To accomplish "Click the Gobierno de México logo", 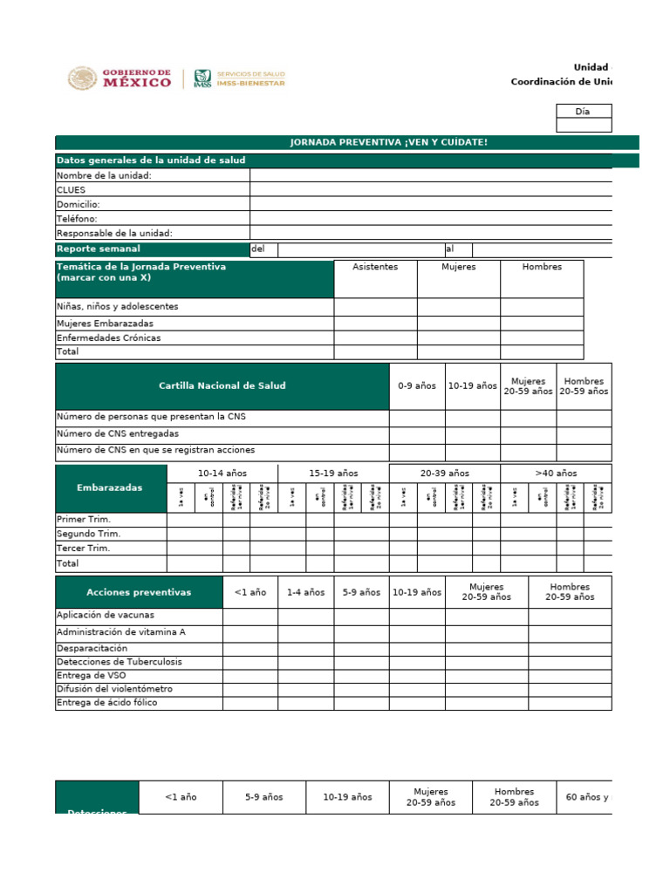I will point(120,78).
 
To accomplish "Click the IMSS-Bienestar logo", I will point(238,78).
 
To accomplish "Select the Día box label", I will point(583,112).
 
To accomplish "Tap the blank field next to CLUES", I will point(431,189).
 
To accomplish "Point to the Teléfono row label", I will point(77,219).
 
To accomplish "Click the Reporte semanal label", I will point(98,249).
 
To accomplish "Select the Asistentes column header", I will point(375,267).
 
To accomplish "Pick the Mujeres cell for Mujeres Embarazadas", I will point(458,324).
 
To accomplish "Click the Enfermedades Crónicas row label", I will point(108,337).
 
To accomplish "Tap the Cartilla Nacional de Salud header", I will point(222,385).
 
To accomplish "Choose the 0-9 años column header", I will point(416,385).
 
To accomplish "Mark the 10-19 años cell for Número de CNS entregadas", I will point(472,433).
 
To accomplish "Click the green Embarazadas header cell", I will point(111,488).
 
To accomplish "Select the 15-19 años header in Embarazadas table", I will point(333,473).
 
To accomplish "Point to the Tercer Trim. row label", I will point(83,549).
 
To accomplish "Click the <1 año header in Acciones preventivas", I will point(250,592).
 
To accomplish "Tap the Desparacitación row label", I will point(92,649).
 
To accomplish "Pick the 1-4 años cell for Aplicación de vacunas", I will point(305,616).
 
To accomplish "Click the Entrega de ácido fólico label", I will point(106,703).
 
